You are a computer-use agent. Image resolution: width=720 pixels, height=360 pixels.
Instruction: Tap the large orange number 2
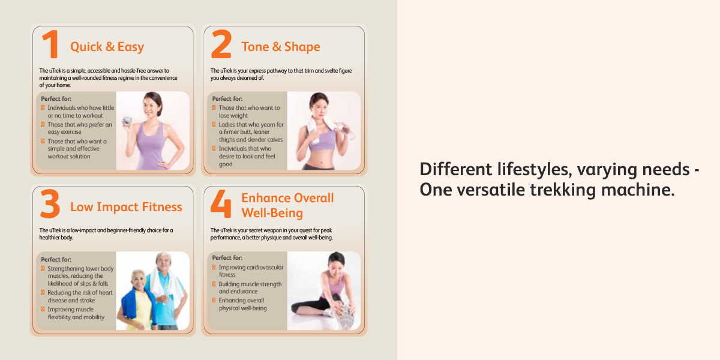221,44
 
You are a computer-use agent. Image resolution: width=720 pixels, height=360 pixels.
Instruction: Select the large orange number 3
50,203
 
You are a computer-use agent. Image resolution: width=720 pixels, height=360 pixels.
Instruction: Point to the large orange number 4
221,203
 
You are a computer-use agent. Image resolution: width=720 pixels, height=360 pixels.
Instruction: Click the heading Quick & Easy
107,47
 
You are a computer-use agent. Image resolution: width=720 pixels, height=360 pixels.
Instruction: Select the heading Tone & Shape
281,47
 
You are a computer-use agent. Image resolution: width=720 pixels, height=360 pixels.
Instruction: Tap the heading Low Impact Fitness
127,207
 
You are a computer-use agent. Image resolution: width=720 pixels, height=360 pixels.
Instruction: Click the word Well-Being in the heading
272,213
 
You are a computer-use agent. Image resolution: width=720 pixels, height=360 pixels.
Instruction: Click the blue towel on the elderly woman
137,304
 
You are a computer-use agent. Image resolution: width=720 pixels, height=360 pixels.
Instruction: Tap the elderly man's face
164,263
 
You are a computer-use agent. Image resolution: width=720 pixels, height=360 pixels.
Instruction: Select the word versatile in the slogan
491,190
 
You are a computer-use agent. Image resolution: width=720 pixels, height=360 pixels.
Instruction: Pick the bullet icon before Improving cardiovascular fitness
214,267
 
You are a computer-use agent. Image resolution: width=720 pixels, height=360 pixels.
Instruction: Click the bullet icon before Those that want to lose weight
214,107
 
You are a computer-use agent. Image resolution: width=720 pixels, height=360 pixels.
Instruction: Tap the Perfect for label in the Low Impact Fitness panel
56,259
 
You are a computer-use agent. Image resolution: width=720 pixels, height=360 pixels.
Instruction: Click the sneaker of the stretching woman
344,317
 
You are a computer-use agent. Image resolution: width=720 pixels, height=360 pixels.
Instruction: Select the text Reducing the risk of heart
80,293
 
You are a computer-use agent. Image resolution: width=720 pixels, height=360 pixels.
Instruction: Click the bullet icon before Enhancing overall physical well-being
214,300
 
